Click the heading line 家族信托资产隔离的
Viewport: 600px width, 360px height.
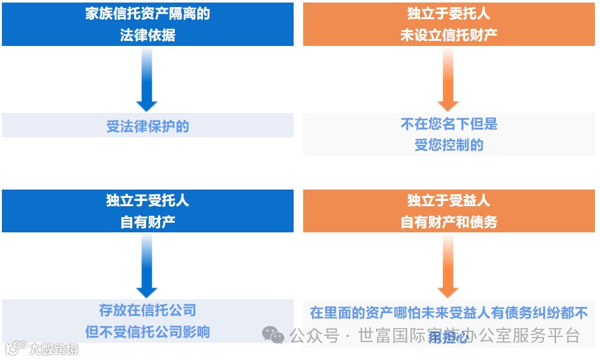[x=147, y=14]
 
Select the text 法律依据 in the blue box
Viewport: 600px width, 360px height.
[x=147, y=35]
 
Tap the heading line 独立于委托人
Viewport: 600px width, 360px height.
[x=449, y=14]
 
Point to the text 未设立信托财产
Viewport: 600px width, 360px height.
[x=449, y=35]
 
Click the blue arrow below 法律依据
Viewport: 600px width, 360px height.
[x=147, y=80]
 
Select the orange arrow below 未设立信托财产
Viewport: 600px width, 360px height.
[x=448, y=80]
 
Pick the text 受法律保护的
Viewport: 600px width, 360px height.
[x=147, y=126]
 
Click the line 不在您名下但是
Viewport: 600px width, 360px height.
[x=449, y=124]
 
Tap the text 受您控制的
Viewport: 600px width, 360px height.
[x=449, y=145]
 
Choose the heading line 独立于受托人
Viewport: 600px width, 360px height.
[x=147, y=200]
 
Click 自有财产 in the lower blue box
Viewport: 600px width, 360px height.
[x=147, y=221]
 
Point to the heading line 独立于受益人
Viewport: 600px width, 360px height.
[x=449, y=200]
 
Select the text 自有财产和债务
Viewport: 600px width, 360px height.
[x=449, y=221]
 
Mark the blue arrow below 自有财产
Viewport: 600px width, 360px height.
[x=147, y=266]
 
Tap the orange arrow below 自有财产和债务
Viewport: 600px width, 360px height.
[x=448, y=266]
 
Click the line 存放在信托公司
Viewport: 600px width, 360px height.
[x=147, y=311]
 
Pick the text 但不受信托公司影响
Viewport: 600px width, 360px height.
[x=147, y=332]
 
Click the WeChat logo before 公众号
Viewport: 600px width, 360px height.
[x=273, y=335]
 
